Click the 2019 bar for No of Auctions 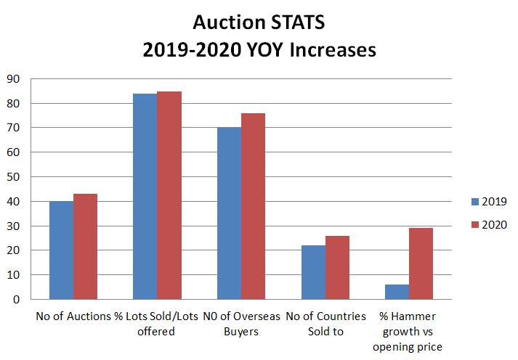tap(61, 250)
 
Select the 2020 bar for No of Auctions tap(85, 247)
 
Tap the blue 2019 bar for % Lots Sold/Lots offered tap(145, 197)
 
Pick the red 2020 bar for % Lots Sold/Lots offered tap(169, 195)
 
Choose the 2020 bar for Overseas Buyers tap(253, 206)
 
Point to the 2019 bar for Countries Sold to tap(313, 272)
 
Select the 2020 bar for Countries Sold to tap(337, 268)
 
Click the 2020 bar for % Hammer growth tap(421, 263)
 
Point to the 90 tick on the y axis tap(14, 79)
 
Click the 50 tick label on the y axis tap(14, 177)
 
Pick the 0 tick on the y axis tap(17, 300)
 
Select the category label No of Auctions tap(73, 317)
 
